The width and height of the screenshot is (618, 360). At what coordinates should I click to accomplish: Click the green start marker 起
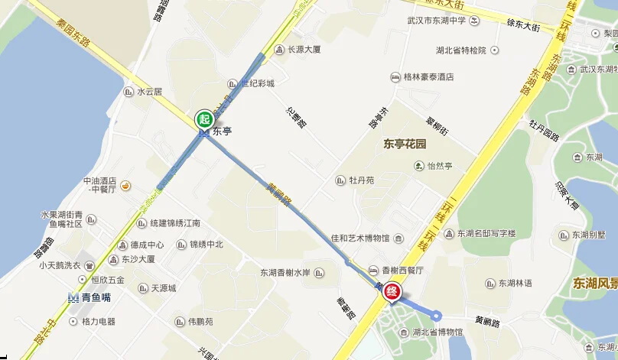(x=204, y=118)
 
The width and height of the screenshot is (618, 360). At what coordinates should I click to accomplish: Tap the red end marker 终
(x=392, y=291)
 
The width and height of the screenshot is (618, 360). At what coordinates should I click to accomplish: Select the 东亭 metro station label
(x=222, y=131)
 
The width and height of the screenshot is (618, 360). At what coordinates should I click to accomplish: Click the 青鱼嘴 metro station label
(x=97, y=298)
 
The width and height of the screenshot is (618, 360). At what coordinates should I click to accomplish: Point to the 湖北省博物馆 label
(x=437, y=332)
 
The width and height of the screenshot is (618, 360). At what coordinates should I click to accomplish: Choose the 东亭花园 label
(x=404, y=144)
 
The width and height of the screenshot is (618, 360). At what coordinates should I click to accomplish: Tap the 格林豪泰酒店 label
(x=428, y=77)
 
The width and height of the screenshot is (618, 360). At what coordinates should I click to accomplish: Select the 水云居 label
(x=150, y=92)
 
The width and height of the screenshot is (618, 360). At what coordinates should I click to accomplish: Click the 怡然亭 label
(x=440, y=165)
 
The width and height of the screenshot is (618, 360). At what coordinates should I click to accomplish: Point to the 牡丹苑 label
(x=361, y=181)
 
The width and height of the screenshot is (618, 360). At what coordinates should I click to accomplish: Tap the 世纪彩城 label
(x=257, y=83)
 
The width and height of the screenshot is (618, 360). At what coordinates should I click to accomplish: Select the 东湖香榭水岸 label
(x=285, y=273)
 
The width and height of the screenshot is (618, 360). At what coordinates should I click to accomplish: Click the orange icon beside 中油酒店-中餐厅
(x=125, y=185)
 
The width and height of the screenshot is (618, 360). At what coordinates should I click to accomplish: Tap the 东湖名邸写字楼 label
(x=486, y=233)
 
